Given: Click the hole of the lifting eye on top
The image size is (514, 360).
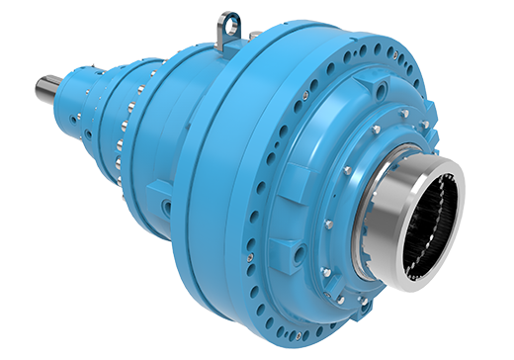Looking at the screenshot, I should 230,20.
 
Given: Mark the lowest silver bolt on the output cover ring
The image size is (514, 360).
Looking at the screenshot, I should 339,297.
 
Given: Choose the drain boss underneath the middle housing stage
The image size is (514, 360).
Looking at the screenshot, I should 167,209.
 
